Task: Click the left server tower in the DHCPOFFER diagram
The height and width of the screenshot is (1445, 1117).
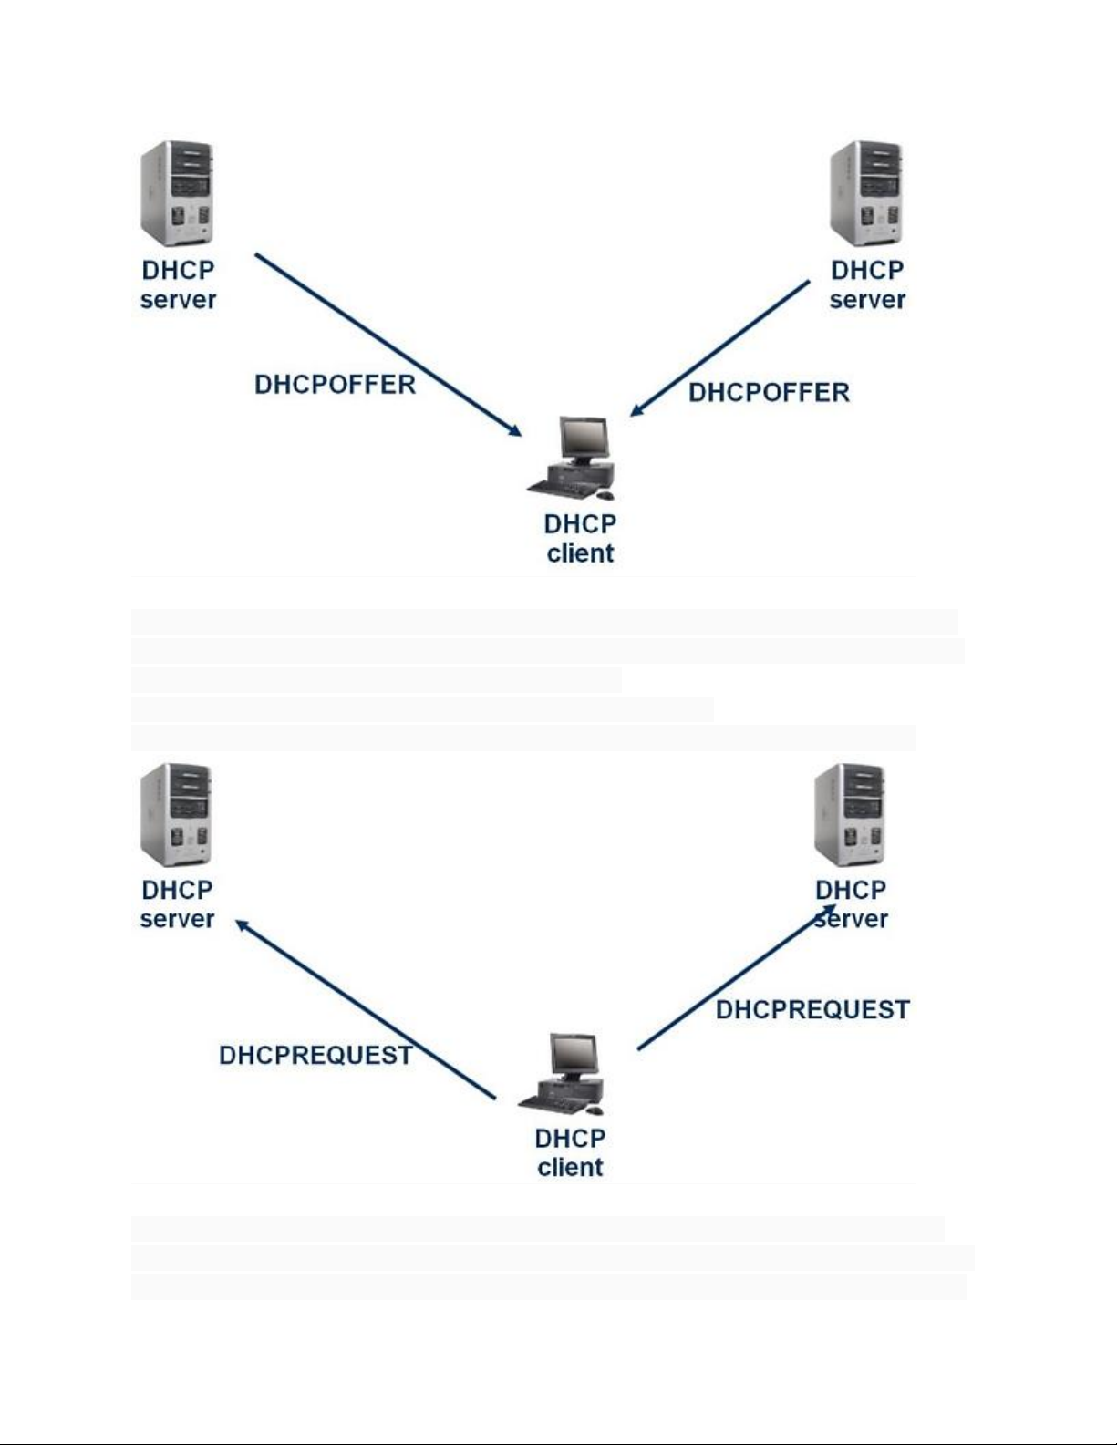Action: pyautogui.click(x=177, y=193)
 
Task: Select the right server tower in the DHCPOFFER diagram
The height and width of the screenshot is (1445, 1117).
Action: pyautogui.click(x=866, y=193)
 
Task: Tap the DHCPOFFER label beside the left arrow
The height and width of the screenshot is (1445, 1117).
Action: pyautogui.click(x=335, y=385)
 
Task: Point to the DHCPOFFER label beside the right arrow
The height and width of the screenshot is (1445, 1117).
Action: pyautogui.click(x=769, y=393)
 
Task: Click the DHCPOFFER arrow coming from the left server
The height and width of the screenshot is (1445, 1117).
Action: pyautogui.click(x=388, y=345)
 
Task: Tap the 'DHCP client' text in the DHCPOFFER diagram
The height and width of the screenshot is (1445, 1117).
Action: pyautogui.click(x=580, y=538)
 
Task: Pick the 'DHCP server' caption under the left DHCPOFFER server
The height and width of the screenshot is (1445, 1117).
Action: pyautogui.click(x=178, y=284)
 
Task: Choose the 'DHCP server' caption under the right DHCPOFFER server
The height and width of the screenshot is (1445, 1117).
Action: pyautogui.click(x=867, y=284)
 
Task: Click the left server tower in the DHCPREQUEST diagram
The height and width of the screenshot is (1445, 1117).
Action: pyautogui.click(x=176, y=814)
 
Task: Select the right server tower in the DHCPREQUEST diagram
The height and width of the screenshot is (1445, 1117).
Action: pyautogui.click(x=850, y=814)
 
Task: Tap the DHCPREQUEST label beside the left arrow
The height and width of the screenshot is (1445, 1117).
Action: pyautogui.click(x=315, y=1056)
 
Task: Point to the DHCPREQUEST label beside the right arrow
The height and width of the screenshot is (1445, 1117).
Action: pyautogui.click(x=812, y=1010)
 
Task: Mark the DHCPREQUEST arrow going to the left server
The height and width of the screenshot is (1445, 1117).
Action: pyautogui.click(x=365, y=1009)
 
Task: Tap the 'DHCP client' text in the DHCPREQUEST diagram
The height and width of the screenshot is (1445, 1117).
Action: pyautogui.click(x=570, y=1152)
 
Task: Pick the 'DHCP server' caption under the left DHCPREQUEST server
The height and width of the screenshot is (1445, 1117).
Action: pyautogui.click(x=177, y=903)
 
